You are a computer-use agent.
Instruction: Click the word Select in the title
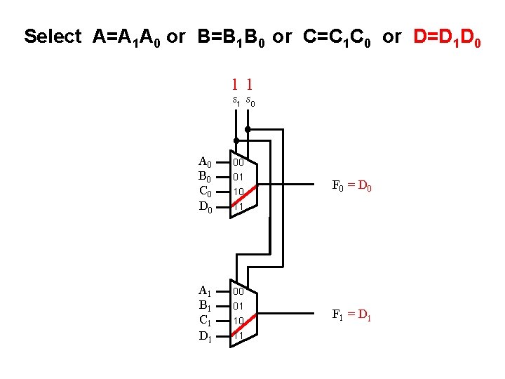pos(53,36)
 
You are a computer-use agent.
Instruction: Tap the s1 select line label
pos(236,102)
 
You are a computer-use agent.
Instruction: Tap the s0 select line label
pos(250,102)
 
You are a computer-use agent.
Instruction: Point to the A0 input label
pos(206,162)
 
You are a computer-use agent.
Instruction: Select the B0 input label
pos(206,177)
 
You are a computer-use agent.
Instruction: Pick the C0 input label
pos(206,192)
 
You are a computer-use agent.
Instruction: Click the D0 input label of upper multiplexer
pos(206,207)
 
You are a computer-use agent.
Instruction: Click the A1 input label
pos(206,291)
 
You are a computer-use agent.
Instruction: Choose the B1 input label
pos(206,306)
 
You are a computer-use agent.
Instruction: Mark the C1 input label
pos(206,321)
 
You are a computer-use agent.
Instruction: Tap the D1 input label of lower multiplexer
pos(206,336)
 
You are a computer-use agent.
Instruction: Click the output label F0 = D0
pos(351,187)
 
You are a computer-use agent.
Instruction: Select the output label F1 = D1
pos(351,314)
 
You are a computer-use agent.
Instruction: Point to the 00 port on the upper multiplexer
pos(238,162)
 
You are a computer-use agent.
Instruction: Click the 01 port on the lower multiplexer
pos(238,306)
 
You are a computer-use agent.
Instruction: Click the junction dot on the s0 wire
pos(247,129)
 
